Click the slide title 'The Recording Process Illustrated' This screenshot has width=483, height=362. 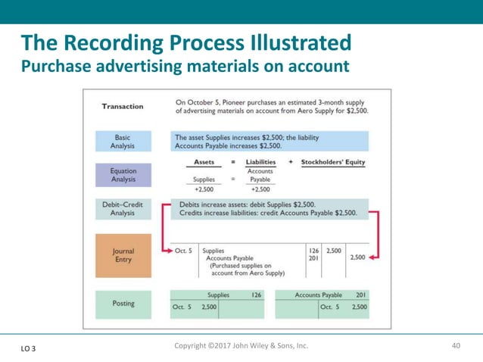(x=185, y=42)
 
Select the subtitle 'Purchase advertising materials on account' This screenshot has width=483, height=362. (x=185, y=67)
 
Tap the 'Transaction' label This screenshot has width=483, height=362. (x=123, y=106)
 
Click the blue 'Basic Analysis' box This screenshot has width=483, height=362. (x=123, y=141)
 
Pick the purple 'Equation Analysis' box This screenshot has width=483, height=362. (x=123, y=176)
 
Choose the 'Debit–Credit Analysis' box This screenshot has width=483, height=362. (x=123, y=209)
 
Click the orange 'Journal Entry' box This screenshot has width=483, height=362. (x=123, y=255)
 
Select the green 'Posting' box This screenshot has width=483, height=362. (x=123, y=304)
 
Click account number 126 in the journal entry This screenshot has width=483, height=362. (x=313, y=250)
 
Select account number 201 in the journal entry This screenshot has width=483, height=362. (x=313, y=257)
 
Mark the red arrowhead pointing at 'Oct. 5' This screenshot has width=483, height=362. (x=167, y=250)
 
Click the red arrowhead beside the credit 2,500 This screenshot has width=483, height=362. (x=374, y=257)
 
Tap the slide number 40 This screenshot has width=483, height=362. (x=456, y=346)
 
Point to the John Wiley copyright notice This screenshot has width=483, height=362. (x=241, y=346)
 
